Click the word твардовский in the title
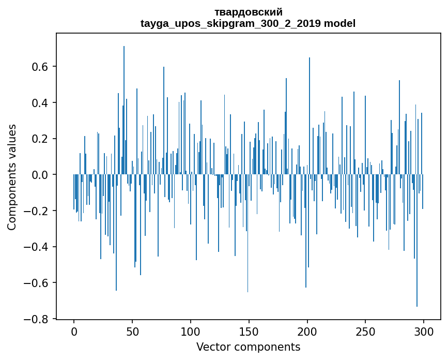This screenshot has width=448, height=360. (248, 12)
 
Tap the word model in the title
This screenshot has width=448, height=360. (339, 23)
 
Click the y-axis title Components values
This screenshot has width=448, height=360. (12, 177)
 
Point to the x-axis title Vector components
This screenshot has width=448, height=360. (248, 347)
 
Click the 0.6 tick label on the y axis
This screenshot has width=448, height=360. (41, 67)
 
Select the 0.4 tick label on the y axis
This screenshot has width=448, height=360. (41, 103)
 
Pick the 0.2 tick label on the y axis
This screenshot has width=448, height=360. (41, 139)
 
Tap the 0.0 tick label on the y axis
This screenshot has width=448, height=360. (41, 175)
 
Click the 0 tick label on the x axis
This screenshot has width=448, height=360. (74, 331)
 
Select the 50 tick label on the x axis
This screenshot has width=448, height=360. (132, 331)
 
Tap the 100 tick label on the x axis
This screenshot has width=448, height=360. (191, 331)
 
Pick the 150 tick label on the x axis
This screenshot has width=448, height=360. (249, 331)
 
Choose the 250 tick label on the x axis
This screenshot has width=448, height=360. (365, 331)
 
